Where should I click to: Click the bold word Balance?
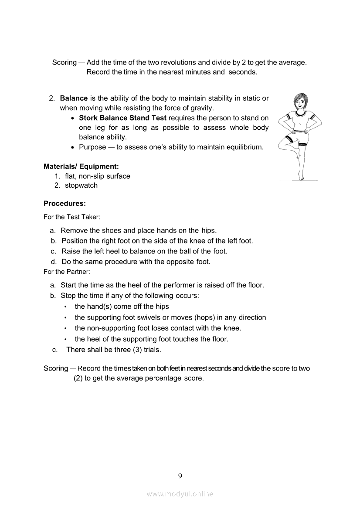pyautogui.click(x=74, y=98)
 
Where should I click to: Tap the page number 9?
pyautogui.click(x=180, y=475)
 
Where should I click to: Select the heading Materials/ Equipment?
pyautogui.click(x=81, y=166)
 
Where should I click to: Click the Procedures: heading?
pyautogui.click(x=65, y=203)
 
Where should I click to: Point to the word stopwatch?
pyautogui.click(x=81, y=185)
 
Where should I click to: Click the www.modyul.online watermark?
pyautogui.click(x=180, y=494)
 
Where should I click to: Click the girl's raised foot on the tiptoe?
pyautogui.click(x=301, y=176)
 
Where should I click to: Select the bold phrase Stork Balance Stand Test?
pyautogui.click(x=122, y=118)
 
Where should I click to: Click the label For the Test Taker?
pyautogui.click(x=72, y=217)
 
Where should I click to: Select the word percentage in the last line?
pyautogui.click(x=163, y=378)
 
